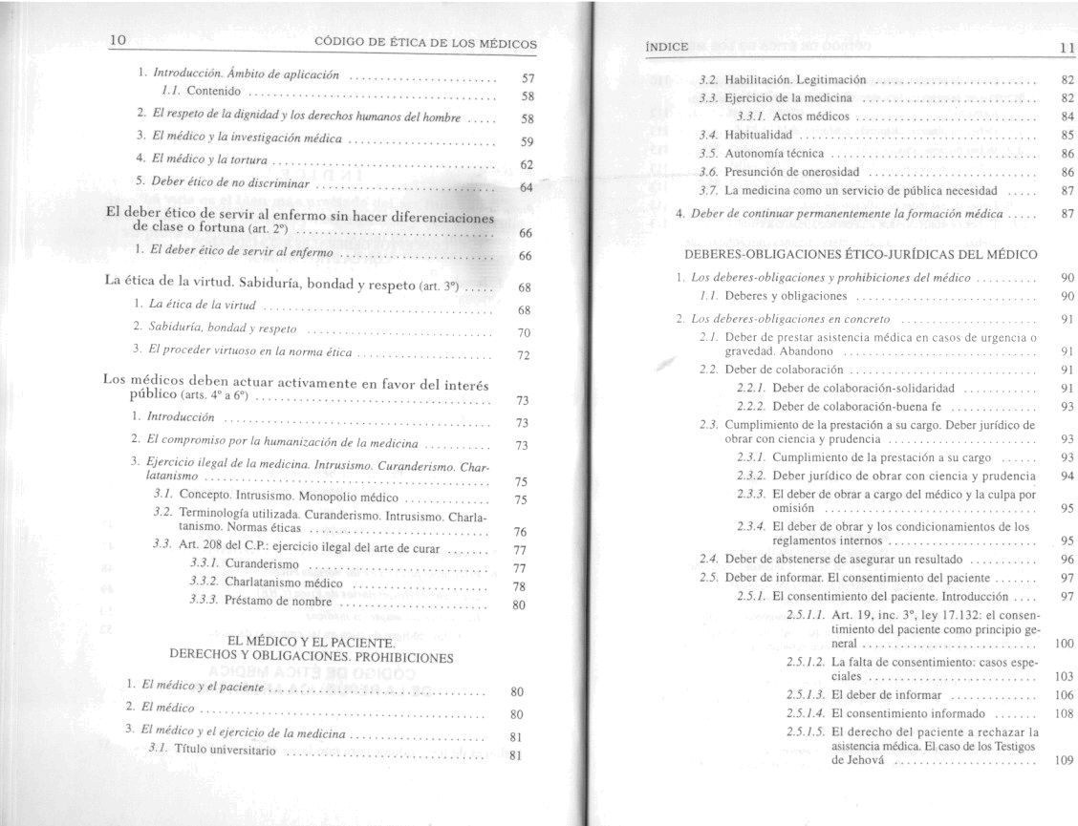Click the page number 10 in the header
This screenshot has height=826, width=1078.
(x=119, y=40)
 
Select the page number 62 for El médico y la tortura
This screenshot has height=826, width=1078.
(x=526, y=164)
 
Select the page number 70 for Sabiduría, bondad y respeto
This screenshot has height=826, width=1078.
(x=524, y=334)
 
